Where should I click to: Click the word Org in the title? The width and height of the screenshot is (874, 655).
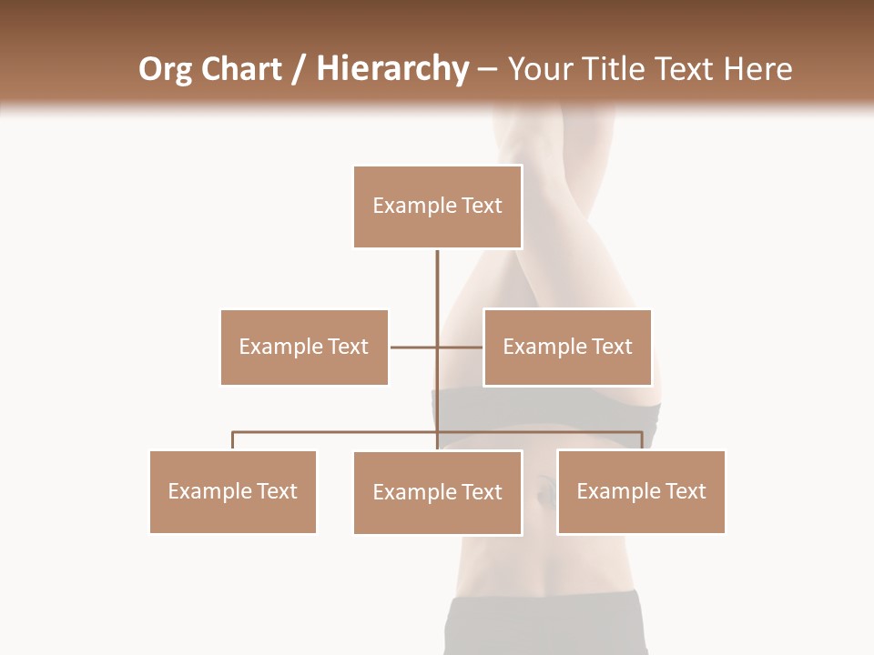165,69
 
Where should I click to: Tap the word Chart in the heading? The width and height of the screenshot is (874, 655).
239,69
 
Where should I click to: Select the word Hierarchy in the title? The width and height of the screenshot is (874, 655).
392,69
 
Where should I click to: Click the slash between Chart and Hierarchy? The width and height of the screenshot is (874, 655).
299,69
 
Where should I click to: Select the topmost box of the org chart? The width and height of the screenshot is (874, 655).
437,207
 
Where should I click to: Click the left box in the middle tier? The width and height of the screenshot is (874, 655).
304,347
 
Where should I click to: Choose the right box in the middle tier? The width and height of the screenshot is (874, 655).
567,347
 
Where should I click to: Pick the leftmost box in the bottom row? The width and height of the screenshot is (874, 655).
233,491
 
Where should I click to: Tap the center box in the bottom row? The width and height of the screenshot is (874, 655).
437,492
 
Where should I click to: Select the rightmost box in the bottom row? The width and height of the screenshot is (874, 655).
641,491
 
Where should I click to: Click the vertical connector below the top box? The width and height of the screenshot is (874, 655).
437,291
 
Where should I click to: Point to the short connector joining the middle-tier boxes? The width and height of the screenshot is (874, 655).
414,347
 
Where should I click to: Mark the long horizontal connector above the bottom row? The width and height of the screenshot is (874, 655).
337,432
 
